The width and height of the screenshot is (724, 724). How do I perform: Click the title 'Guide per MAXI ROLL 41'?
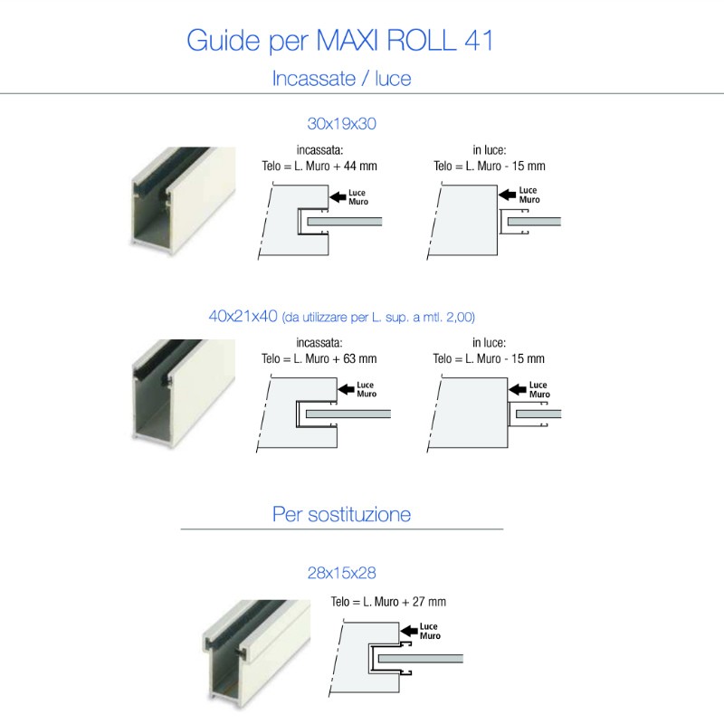tap(340, 42)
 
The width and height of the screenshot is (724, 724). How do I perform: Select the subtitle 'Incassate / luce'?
tap(341, 79)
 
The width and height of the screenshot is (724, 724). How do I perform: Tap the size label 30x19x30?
tap(341, 123)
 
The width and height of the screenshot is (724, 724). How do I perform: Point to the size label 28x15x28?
tap(341, 573)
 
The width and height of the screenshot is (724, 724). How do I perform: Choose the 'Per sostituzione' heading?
tap(341, 515)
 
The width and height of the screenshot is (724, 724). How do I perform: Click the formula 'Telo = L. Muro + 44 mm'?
tap(319, 167)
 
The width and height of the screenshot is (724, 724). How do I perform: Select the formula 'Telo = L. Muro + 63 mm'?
tap(319, 359)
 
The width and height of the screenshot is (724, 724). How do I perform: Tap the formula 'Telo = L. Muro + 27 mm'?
tap(388, 602)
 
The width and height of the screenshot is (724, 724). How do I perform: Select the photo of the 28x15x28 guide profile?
tap(253, 648)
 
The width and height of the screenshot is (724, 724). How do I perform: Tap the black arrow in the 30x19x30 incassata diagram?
tap(338, 195)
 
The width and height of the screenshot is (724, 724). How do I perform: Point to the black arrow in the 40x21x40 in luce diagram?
tap(518, 390)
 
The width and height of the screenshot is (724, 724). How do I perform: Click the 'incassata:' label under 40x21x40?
tap(319, 343)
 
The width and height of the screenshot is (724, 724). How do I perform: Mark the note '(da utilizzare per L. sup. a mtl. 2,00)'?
tap(378, 317)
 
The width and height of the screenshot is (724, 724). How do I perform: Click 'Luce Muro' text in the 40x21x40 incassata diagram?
tap(367, 390)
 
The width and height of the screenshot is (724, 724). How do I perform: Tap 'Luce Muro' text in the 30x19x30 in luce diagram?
tap(529, 195)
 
